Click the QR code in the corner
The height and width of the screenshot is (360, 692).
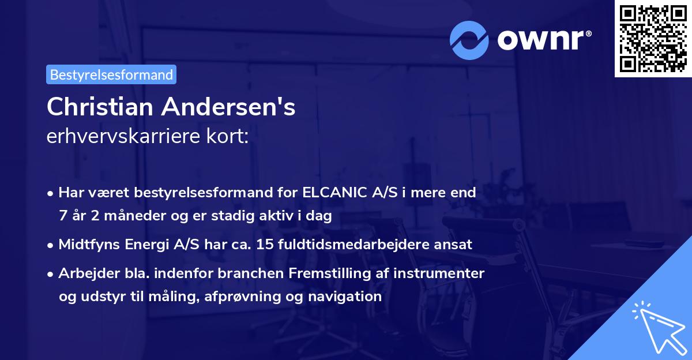point(653,39)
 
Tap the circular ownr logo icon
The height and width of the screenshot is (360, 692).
point(469,40)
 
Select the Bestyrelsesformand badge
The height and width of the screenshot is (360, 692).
point(111,74)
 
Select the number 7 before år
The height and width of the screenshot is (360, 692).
point(62,216)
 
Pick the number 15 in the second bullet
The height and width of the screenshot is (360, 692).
point(265,244)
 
